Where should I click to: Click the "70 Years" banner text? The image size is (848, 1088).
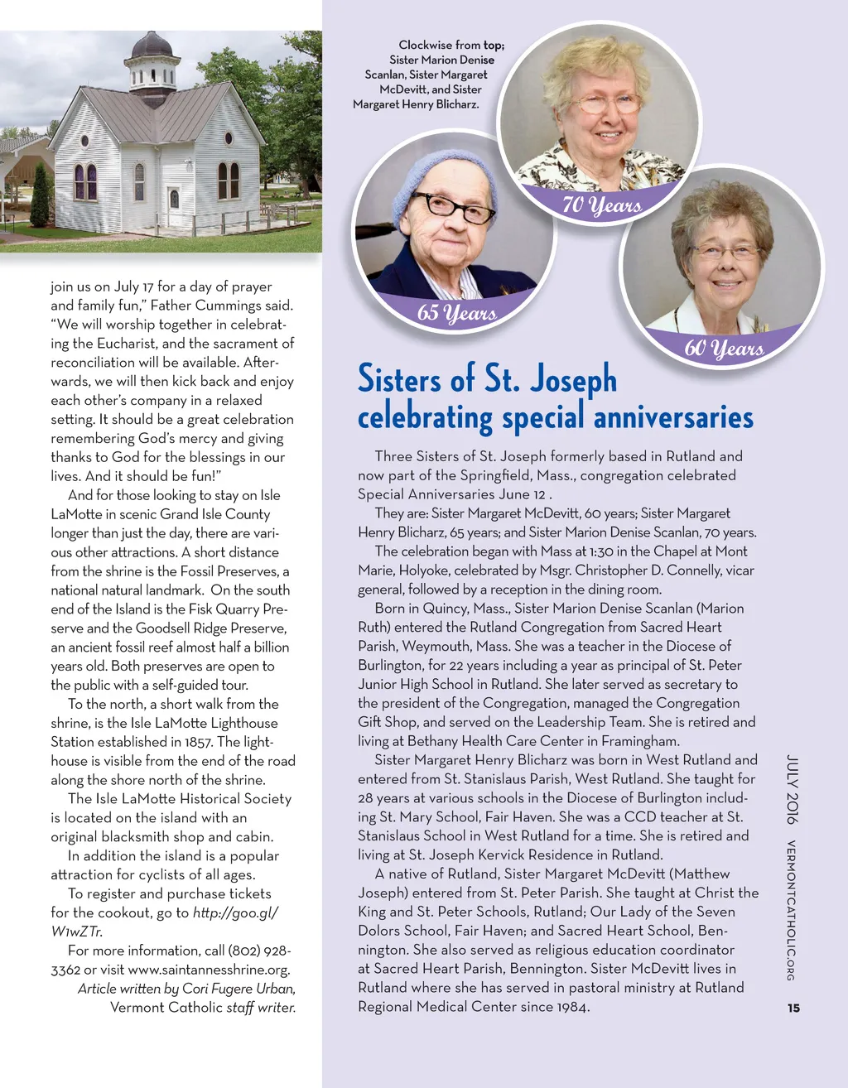[x=602, y=204]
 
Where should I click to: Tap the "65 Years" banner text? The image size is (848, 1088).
[x=456, y=312]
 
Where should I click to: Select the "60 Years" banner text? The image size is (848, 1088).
[x=723, y=348]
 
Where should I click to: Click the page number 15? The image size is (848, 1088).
[x=793, y=1008]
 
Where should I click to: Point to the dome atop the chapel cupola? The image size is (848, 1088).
[x=152, y=45]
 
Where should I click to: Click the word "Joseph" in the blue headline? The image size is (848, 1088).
[x=573, y=378]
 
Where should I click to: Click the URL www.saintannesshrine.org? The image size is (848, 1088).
[x=209, y=969]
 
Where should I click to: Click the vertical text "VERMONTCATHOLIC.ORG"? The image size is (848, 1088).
[x=792, y=911]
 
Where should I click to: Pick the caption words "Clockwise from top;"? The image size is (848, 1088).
[x=450, y=45]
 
